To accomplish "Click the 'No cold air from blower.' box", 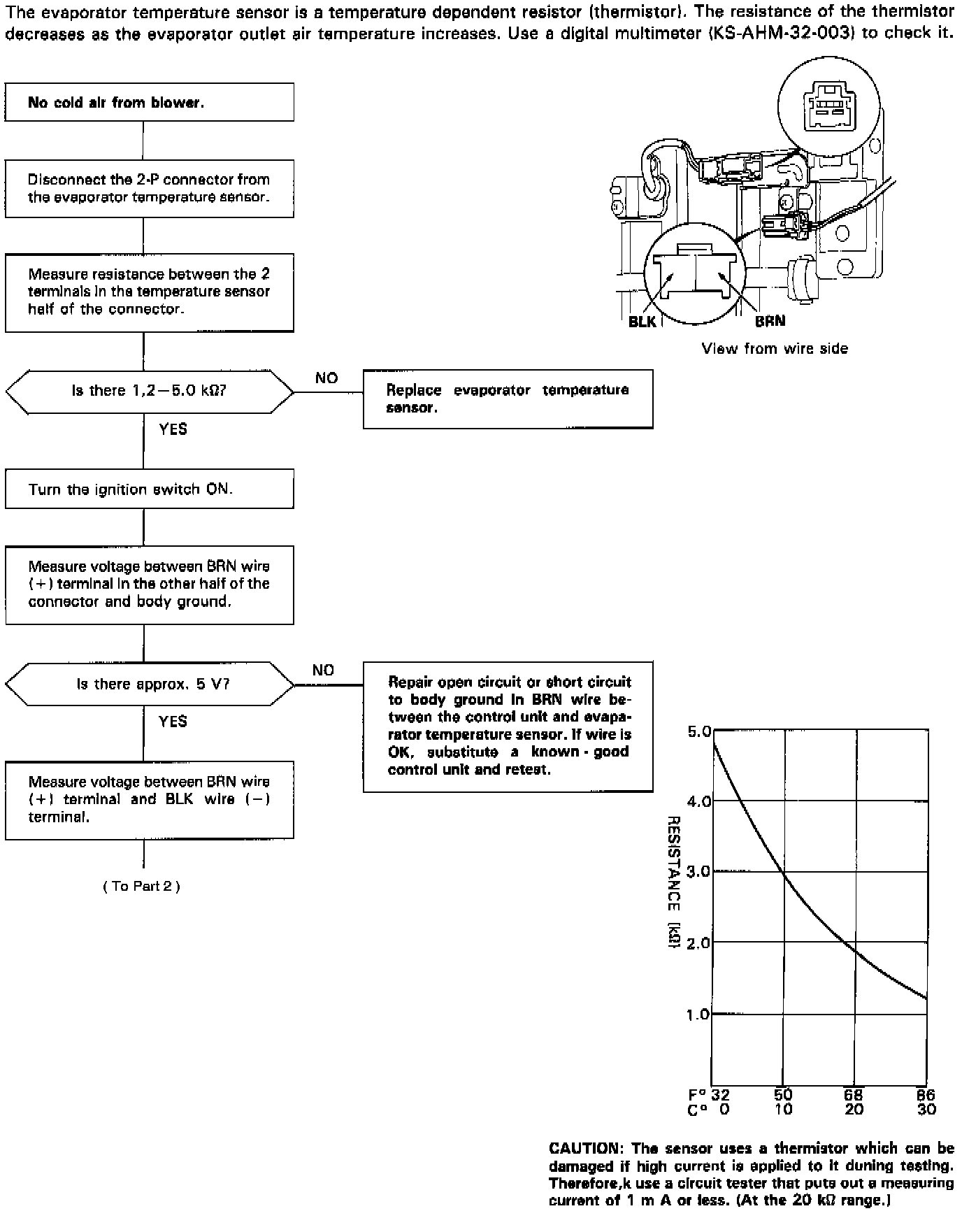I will click(149, 102).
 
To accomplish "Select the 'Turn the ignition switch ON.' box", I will click(149, 489).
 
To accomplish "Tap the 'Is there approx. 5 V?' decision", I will click(150, 684).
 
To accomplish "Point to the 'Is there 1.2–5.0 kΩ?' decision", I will click(150, 391).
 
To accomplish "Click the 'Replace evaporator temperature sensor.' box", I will click(508, 399).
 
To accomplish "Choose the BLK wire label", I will click(642, 322).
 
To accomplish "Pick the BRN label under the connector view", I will click(770, 321).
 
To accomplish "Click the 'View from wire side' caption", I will click(775, 348).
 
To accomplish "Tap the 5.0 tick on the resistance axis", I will click(699, 732).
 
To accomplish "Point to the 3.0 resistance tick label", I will click(699, 872).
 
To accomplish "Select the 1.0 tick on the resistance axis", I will click(699, 1014).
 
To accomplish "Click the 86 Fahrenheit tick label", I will click(926, 1095).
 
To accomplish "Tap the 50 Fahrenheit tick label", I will click(783, 1095).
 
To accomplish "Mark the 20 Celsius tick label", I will click(854, 1110).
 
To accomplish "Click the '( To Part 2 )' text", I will click(142, 886).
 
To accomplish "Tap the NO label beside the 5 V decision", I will click(323, 670).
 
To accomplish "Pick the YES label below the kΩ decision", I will click(173, 429).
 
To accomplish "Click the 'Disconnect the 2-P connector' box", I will click(149, 188).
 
